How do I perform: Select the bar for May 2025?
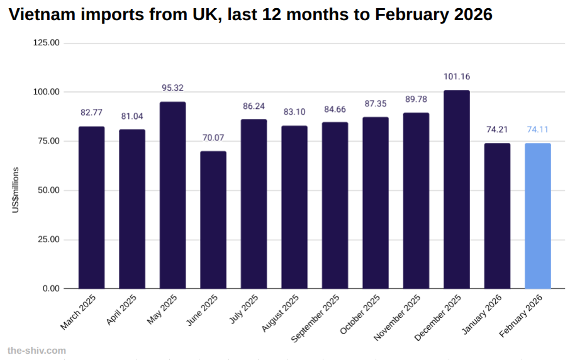172,195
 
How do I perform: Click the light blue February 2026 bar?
538,216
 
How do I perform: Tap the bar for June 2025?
213,220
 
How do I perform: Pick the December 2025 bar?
457,189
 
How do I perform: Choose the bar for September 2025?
335,205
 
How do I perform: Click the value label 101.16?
457,77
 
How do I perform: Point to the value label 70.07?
213,138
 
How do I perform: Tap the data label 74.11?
538,130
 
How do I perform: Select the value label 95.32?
172,88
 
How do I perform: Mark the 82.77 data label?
91,113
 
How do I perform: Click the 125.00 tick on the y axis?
46,43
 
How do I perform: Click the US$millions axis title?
16,190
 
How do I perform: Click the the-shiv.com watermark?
36,350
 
